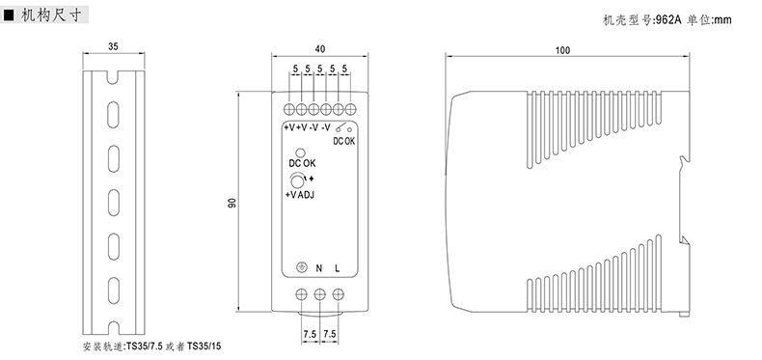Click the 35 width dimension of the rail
(113, 46)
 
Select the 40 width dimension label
(320, 48)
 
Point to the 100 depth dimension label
(562, 50)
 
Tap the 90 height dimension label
(232, 204)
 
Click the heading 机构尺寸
(50, 14)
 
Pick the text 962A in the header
(667, 20)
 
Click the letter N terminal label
(319, 268)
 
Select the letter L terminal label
(338, 268)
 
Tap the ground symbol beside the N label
(302, 267)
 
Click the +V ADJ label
(300, 195)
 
